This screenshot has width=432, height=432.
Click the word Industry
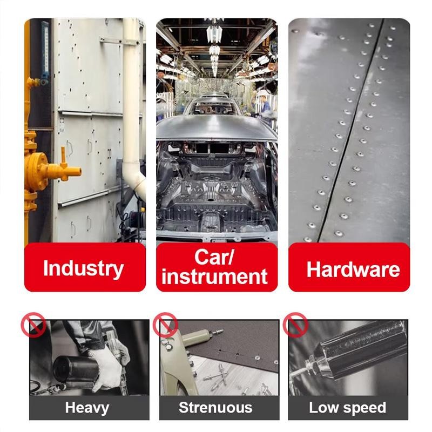pos(83,268)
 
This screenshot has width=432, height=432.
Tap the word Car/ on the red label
pos(214,257)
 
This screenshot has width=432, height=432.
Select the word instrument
pos(214,276)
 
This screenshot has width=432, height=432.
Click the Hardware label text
pos(353,269)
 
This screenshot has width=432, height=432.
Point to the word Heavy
pos(87,408)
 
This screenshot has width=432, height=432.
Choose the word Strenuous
pos(215,408)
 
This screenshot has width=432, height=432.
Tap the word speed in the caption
pos(362,408)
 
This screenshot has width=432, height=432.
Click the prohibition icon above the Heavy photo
pos(33,325)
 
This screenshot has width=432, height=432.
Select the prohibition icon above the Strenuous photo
pos(165,325)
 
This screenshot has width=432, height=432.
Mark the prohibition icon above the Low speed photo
pos(295,325)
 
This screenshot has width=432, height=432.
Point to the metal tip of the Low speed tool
pos(298,373)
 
